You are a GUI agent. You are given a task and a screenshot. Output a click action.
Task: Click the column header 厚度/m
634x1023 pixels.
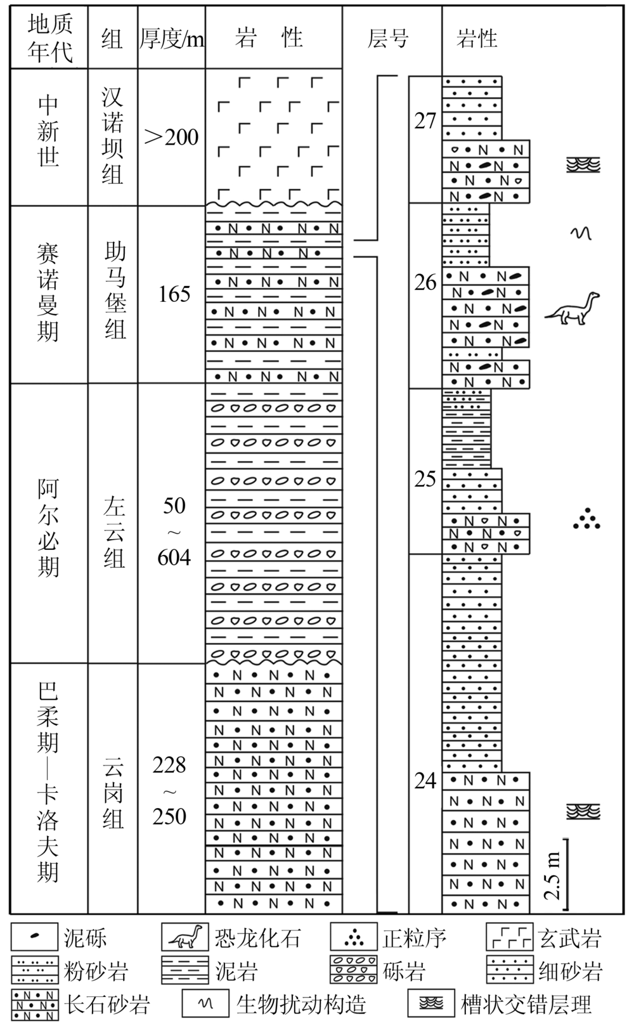pos(172,39)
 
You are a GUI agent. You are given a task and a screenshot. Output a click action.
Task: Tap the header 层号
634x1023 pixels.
pos(388,39)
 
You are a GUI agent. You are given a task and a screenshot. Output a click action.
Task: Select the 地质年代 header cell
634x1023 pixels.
pos(49,37)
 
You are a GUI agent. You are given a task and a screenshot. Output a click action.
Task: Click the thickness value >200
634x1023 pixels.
pos(172,136)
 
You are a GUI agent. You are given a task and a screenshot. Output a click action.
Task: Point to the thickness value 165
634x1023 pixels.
pos(174,294)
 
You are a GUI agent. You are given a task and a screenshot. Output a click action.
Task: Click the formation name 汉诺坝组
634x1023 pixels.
pos(113,136)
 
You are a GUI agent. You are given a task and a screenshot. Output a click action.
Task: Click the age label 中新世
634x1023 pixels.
pos(49,131)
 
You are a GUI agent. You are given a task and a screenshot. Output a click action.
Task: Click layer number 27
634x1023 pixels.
pos(425,121)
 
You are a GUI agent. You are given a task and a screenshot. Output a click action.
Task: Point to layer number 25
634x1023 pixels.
pos(425,479)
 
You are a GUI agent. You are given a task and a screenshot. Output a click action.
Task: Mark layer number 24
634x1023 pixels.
pos(425,781)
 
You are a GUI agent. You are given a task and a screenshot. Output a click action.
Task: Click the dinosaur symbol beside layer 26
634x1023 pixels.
pos(573,309)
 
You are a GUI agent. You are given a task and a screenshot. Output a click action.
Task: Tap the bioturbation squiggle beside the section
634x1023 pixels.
pos(581,233)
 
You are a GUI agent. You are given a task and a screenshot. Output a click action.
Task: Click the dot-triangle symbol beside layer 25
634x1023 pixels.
pos(586,519)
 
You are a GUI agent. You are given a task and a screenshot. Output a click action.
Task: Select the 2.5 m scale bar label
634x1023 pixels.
pos(553,876)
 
